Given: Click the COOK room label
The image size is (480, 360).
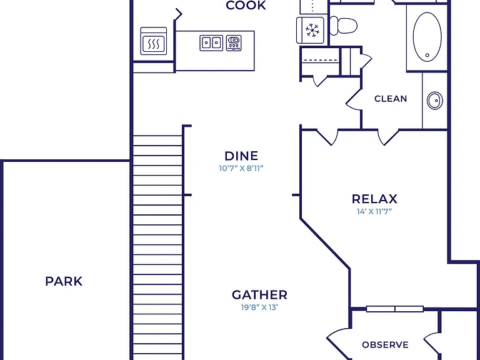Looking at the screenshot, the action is point(246,5).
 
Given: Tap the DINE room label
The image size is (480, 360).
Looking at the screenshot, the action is point(241,156).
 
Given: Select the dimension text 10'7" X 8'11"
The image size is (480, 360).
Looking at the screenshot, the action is point(241,168).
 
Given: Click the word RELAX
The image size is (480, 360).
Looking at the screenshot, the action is point(374,199).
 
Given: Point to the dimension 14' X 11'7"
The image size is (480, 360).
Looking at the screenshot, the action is point(374,211).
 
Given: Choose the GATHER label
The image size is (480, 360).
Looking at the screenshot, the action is point(259,295).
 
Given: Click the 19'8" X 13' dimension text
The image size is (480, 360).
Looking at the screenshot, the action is point(259,307).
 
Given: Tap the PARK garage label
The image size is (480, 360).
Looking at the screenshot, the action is point(64,281).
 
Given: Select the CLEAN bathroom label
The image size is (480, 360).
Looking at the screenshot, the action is point(391,99).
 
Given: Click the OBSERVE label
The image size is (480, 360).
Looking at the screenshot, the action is point(385,345).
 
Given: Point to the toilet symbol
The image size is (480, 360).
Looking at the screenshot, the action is point(343,26).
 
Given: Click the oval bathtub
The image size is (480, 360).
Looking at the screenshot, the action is point(427,37).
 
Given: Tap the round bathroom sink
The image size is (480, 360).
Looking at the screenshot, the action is point(435,101).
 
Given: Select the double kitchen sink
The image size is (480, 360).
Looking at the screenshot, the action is point(211,43).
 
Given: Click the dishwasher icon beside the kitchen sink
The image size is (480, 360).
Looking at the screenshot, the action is point(234,43).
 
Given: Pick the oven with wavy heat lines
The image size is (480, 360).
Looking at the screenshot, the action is point(154,41).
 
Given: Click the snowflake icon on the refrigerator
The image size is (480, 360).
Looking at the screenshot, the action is point(312,30).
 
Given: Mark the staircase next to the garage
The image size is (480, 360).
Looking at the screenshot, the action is point(158,247).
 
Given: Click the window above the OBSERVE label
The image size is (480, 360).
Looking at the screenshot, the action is point(395,309).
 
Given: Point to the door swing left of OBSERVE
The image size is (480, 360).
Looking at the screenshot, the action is point(339,343).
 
